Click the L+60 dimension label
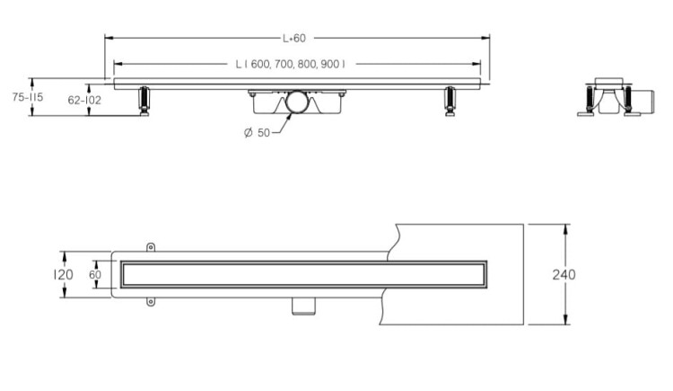pyautogui.click(x=294, y=39)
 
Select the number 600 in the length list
pyautogui.click(x=259, y=64)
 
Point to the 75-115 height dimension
pyautogui.click(x=28, y=97)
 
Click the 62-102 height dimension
pyautogui.click(x=84, y=101)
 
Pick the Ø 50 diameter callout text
pyautogui.click(x=257, y=133)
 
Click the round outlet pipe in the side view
pyautogui.click(x=297, y=102)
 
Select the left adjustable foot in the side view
pyautogui.click(x=144, y=102)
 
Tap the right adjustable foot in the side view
pyautogui.click(x=450, y=102)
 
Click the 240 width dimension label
pyautogui.click(x=564, y=274)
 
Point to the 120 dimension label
pyautogui.click(x=63, y=274)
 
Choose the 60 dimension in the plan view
pyautogui.click(x=95, y=274)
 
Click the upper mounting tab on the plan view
pyautogui.click(x=150, y=247)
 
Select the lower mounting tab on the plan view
pyautogui.click(x=150, y=301)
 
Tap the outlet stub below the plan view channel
pyautogui.click(x=303, y=307)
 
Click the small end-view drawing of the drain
pyautogui.click(x=616, y=97)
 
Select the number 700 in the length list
pyautogui.click(x=283, y=64)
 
